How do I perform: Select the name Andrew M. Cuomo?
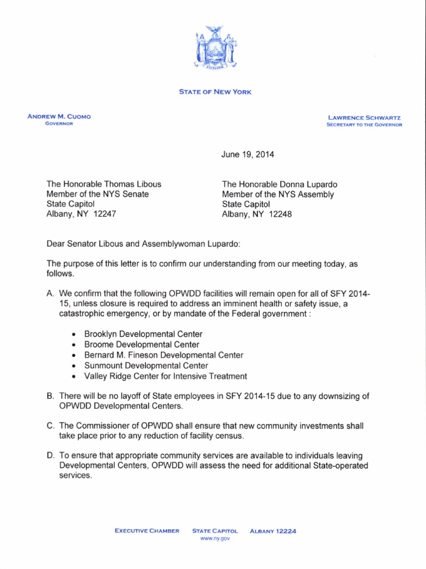tap(59, 116)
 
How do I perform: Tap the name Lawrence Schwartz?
tap(364, 117)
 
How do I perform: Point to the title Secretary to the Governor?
tap(364, 125)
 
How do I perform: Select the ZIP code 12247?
tap(105, 213)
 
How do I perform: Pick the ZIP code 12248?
tap(281, 213)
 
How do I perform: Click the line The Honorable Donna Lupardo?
tap(280, 184)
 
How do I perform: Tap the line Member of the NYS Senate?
tap(97, 194)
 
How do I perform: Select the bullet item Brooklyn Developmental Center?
tap(143, 334)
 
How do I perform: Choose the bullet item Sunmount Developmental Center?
tap(146, 366)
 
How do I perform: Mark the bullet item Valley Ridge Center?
tap(165, 376)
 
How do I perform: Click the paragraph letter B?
tap(50, 396)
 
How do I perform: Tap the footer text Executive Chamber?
tap(147, 531)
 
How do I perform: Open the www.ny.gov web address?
tap(215, 539)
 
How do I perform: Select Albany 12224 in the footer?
tap(273, 531)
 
